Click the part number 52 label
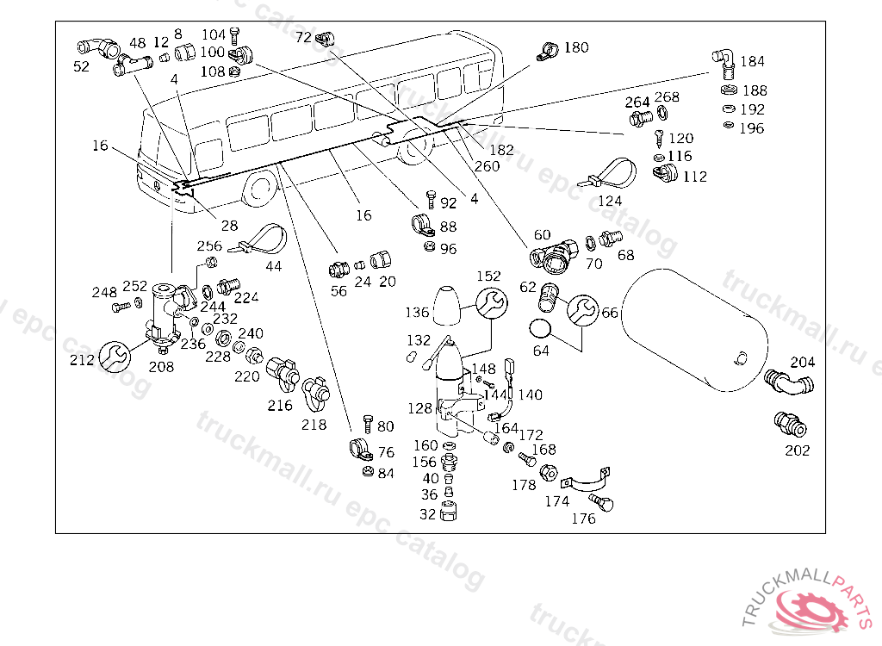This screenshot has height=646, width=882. pos(81,66)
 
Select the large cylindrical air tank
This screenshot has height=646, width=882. pos(695,327)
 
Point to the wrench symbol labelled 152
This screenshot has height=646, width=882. pos(489,304)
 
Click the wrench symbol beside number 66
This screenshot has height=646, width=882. pos(581,310)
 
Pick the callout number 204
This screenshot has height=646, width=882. pos(802,362)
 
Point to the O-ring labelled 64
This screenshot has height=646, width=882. pos(540,328)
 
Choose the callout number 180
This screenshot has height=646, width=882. pos(576,47)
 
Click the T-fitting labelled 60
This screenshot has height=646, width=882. pos(549,254)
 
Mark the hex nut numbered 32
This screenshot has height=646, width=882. pos(450,514)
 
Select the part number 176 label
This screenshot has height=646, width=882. pos(583,519)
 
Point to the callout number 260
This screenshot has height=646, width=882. pos(487,165)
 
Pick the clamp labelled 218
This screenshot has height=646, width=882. pos(316,394)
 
